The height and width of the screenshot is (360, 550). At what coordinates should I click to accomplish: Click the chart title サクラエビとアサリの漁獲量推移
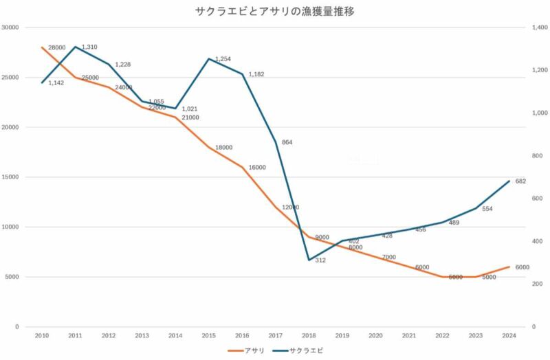(275, 11)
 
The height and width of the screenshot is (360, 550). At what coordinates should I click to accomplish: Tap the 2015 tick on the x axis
(208, 335)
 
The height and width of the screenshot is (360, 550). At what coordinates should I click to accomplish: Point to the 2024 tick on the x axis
(509, 335)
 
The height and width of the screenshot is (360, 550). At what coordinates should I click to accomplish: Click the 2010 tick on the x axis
(42, 335)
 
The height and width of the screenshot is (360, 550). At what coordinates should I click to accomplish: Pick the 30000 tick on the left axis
(10, 27)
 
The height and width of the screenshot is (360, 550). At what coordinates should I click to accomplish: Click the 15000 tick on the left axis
(10, 177)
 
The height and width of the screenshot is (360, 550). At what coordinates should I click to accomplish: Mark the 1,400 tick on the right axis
(538, 27)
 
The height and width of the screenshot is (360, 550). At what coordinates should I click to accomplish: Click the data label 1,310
(90, 47)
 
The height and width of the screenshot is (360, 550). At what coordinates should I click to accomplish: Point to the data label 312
(320, 260)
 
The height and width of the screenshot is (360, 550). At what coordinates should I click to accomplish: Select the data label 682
(520, 181)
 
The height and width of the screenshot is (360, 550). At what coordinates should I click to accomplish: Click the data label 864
(287, 142)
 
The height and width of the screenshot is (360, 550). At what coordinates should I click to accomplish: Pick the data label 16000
(257, 168)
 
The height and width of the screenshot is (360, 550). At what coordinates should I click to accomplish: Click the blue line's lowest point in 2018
(309, 260)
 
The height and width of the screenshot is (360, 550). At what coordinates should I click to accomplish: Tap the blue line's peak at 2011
(75, 47)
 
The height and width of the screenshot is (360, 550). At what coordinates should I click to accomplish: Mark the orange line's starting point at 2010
(42, 47)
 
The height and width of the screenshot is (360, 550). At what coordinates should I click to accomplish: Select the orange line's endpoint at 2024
(509, 267)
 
